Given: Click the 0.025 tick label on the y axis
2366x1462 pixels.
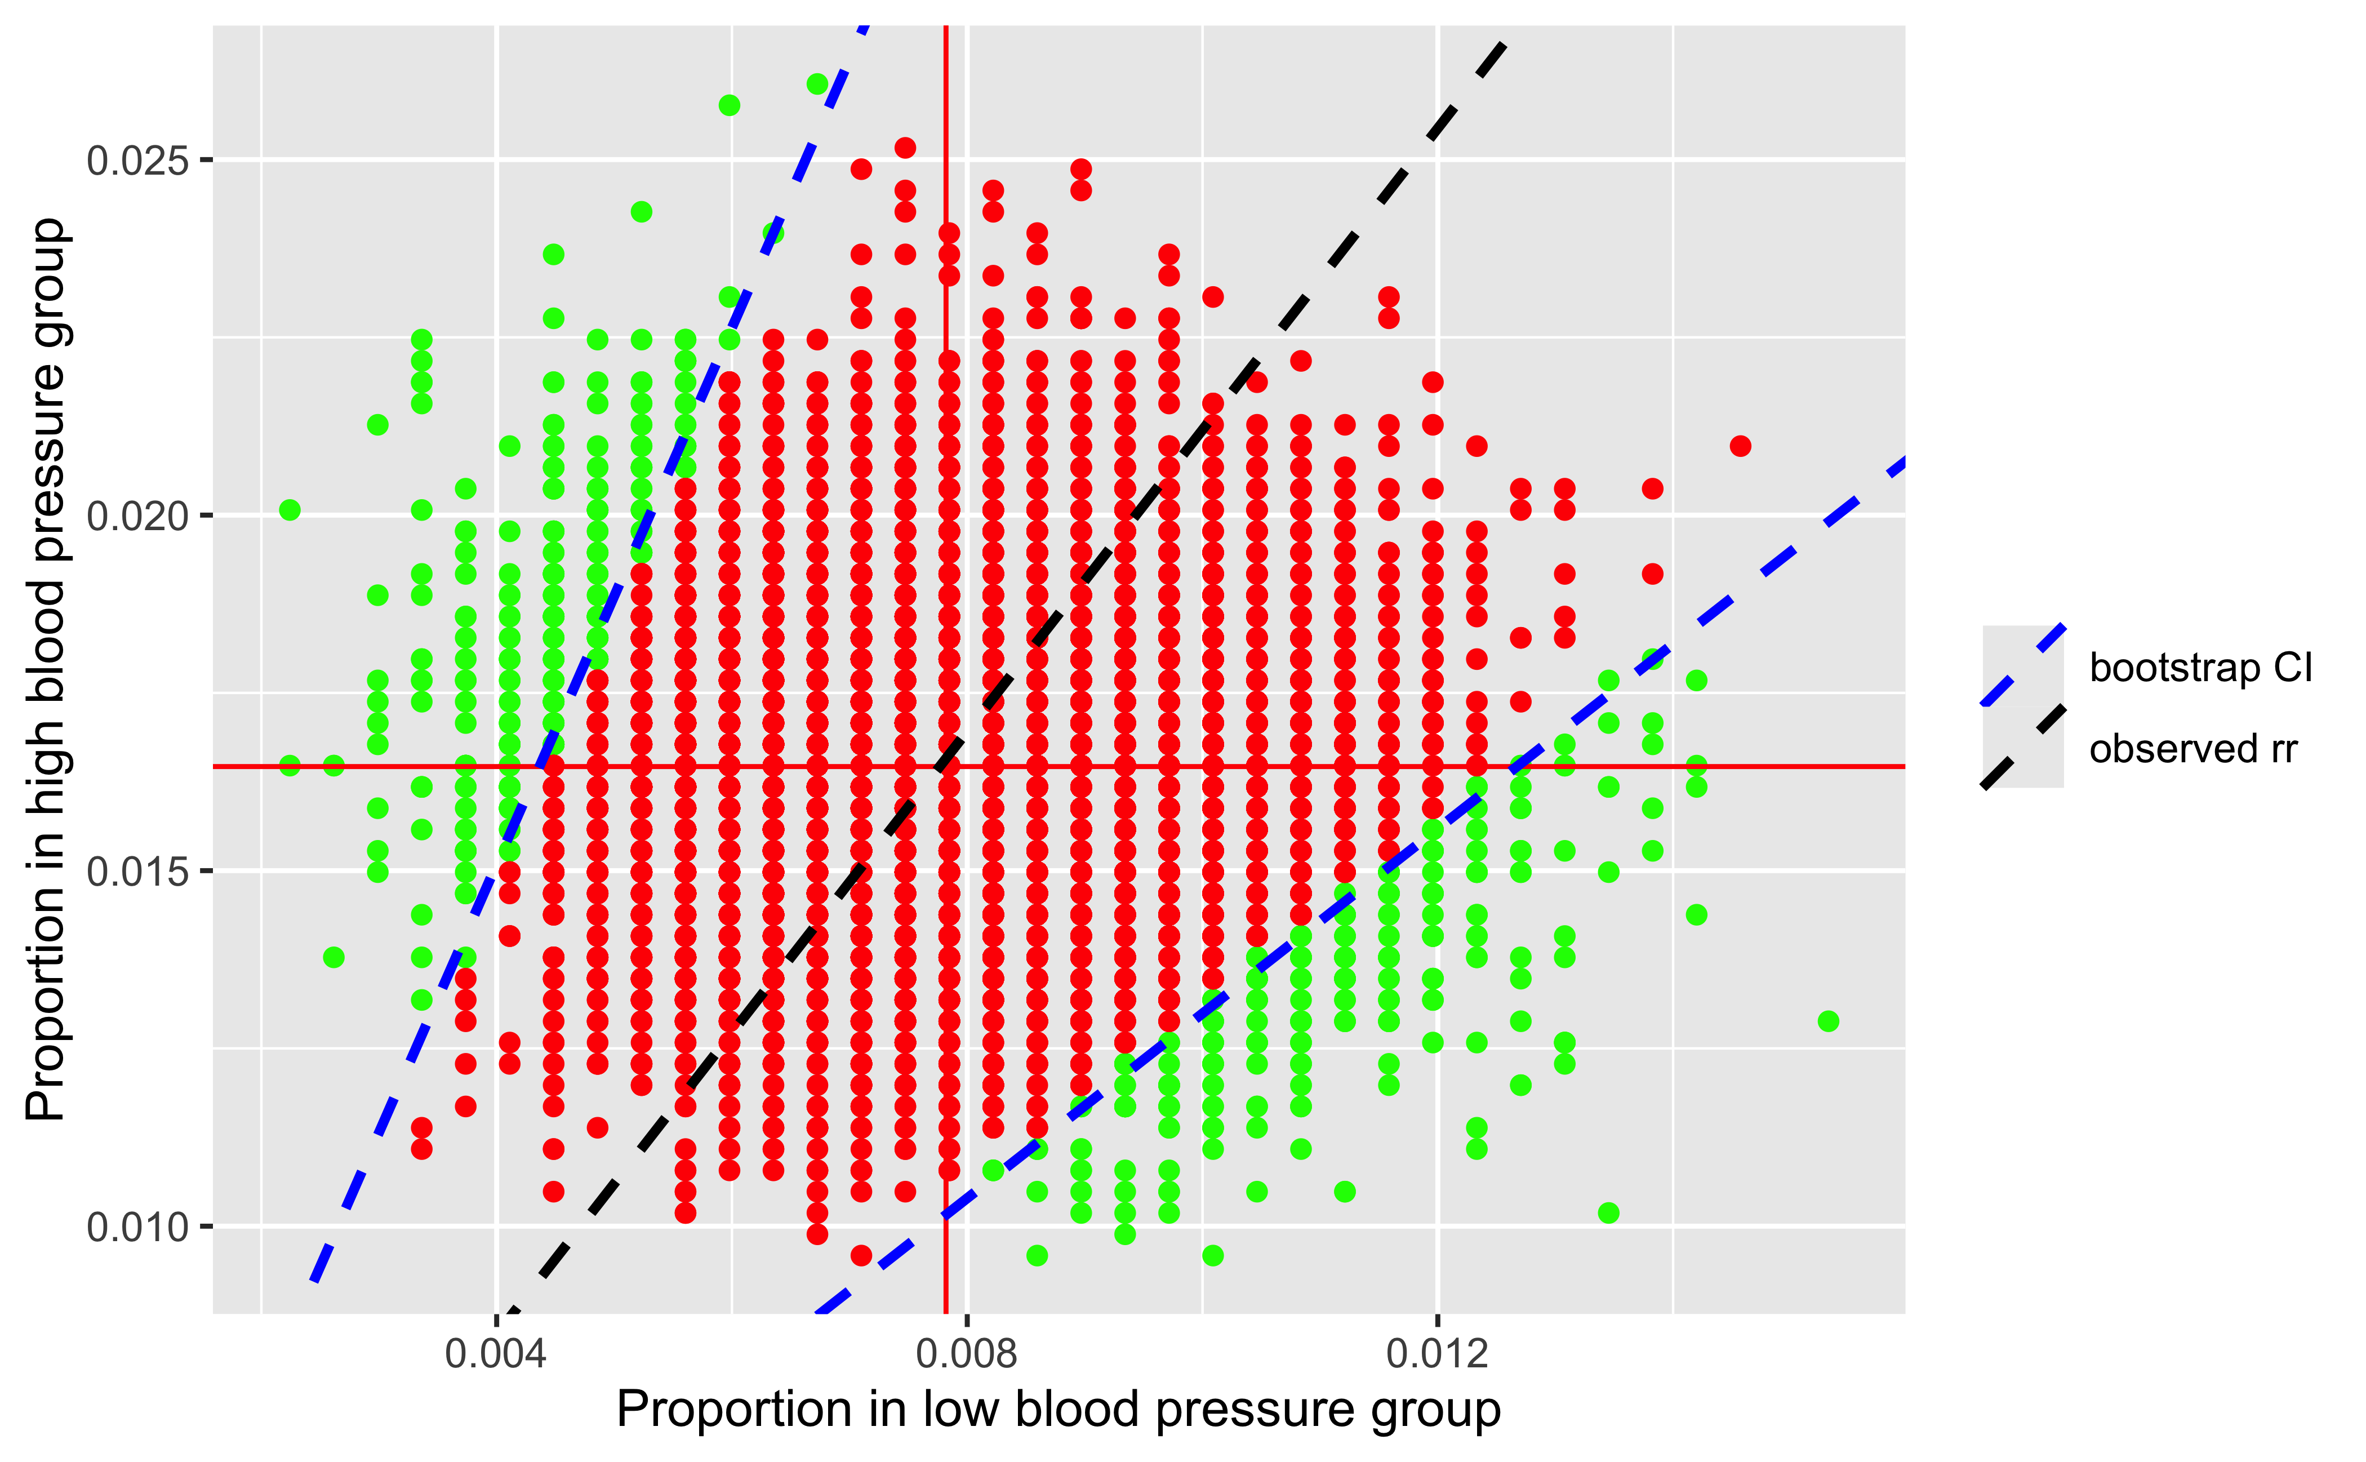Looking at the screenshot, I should (137, 161).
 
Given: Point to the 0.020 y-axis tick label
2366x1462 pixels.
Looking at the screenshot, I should (137, 516).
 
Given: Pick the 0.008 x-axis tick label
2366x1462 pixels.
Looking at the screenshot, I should (967, 1354).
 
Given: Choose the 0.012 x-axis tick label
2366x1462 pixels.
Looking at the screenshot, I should (1437, 1354).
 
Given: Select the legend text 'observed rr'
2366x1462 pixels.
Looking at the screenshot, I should (2193, 749).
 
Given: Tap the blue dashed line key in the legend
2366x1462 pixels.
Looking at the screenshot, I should (2023, 666).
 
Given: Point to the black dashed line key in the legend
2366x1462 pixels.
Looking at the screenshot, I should (2023, 748).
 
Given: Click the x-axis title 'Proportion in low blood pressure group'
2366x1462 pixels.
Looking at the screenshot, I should (1059, 1410).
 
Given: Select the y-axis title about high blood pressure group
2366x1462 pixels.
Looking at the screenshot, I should (46, 669).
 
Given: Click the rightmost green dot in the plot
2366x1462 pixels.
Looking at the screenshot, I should (1827, 1021).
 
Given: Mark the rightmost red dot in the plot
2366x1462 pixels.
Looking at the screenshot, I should (1740, 446).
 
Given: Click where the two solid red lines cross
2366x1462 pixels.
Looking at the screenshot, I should (946, 767).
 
